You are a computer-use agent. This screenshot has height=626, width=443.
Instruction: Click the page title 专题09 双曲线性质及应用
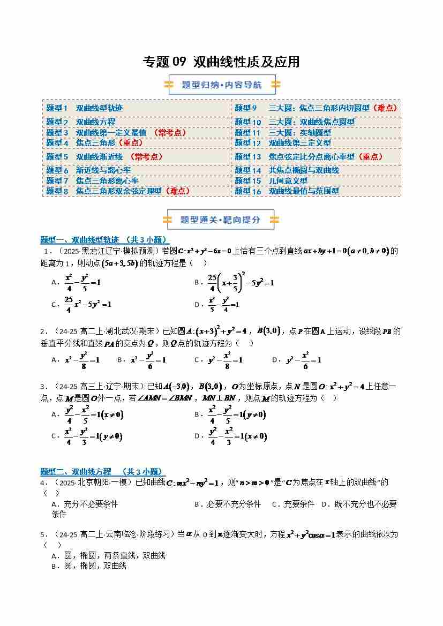(x=221, y=62)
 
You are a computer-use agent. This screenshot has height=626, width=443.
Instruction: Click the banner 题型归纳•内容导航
(x=222, y=85)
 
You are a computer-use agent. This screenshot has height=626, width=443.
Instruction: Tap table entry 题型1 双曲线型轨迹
(x=84, y=108)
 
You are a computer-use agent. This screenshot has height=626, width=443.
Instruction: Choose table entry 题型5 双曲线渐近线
(x=104, y=157)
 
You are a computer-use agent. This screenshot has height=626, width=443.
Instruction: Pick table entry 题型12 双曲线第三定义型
(x=282, y=143)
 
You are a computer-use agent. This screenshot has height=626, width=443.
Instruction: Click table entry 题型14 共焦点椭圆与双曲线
(x=287, y=170)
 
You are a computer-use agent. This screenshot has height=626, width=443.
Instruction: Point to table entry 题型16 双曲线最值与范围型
(x=287, y=191)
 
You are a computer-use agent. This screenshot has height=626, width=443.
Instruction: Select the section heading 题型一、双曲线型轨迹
(x=105, y=240)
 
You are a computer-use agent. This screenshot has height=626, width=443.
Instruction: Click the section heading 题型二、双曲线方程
(x=102, y=471)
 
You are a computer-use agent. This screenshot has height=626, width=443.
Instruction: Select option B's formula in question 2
(x=148, y=360)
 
